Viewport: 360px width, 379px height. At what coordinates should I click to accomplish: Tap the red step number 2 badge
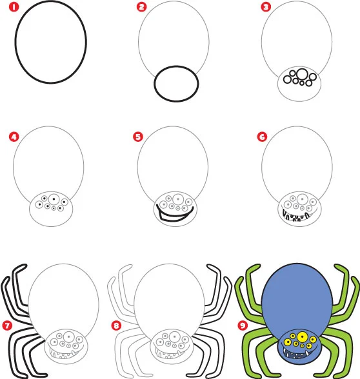(x=141, y=8)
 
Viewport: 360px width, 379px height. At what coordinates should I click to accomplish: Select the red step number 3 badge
(x=265, y=8)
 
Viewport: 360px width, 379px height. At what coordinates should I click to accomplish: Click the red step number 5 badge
(x=137, y=137)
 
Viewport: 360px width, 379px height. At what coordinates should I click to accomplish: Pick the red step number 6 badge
(x=261, y=137)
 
